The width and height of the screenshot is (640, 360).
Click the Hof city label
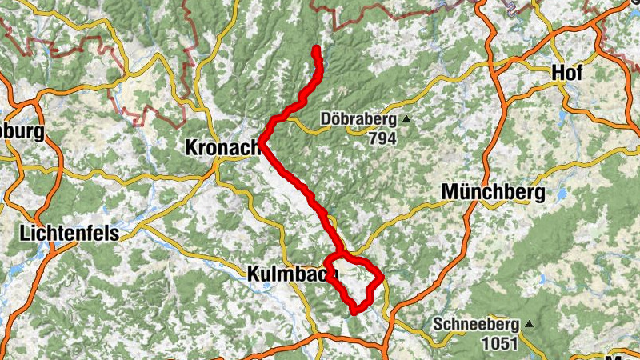pos(566,73)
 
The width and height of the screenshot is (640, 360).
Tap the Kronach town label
pos(223,147)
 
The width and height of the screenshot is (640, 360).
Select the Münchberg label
pos(493,192)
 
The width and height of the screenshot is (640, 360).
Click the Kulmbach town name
pos(290,274)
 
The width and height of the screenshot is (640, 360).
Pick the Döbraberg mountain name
pos(358,120)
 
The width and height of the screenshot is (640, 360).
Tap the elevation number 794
pos(382,138)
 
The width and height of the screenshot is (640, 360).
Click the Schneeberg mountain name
pos(476,326)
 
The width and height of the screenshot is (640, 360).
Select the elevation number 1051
pos(499,343)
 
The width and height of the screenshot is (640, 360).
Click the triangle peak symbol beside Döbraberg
pos(406,120)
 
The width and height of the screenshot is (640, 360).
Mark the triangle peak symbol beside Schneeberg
pos(528,325)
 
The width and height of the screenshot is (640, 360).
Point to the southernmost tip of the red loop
pos(354,310)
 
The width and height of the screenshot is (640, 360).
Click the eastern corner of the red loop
pos(382,277)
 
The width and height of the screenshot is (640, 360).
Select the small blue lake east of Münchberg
pos(563,193)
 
